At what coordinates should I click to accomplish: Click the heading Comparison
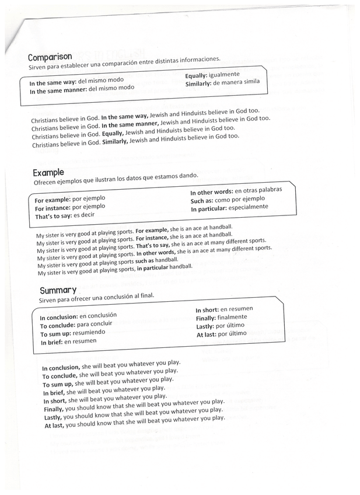pos(50,58)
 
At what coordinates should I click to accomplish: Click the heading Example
pos(48,173)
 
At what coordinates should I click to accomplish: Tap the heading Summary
pos(58,291)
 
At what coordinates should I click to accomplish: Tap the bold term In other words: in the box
pos(211,192)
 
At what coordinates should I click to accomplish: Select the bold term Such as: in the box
pos(202,200)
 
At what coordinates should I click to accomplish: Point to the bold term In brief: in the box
pos(51,342)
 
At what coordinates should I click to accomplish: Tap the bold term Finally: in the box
pos(207,318)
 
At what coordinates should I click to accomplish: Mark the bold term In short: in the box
pos(207,310)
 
